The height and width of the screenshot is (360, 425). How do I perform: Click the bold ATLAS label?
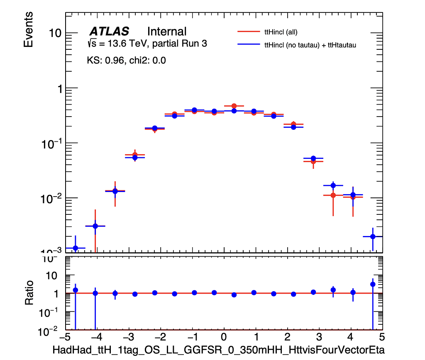[109, 32]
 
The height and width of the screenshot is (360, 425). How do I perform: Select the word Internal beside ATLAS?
[167, 32]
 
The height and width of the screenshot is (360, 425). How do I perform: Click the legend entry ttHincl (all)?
[281, 32]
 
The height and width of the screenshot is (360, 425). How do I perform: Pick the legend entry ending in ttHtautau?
[310, 45]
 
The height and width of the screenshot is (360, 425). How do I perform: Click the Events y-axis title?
[28, 29]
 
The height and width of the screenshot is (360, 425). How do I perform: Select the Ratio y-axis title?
[29, 293]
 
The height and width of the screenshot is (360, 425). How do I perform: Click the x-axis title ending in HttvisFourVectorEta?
[218, 350]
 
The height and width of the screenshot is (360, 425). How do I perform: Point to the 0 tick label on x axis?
[224, 336]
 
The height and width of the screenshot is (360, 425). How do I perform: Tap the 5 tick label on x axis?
[382, 336]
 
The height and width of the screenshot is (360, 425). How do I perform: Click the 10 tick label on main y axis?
[55, 33]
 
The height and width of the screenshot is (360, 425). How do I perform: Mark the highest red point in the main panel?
[234, 106]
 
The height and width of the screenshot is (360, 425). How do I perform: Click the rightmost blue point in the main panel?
[373, 236]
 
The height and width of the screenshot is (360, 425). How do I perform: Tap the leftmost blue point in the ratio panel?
[75, 290]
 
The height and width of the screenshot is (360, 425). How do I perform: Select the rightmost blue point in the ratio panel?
[373, 284]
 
